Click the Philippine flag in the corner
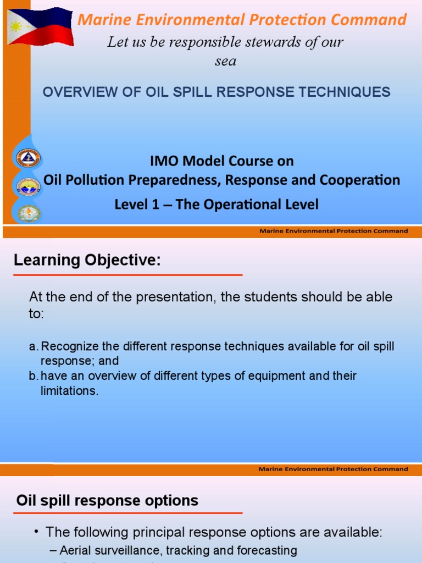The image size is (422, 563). point(41,26)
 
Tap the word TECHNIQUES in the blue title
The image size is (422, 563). point(347,92)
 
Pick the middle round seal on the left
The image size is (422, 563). point(28,187)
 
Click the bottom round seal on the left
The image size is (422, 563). point(28,213)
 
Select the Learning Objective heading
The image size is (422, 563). point(87,260)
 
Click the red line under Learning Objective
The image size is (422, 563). point(127,274)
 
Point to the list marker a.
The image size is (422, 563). point(33,347)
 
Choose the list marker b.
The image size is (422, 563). point(33,377)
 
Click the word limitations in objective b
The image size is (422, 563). point(69,391)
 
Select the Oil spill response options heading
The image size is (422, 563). point(108,500)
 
